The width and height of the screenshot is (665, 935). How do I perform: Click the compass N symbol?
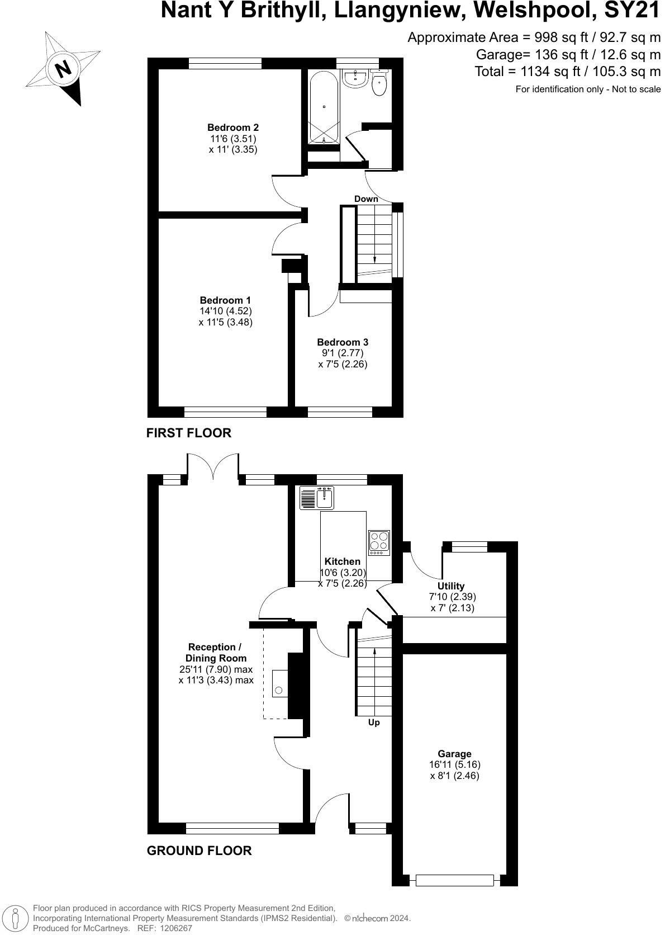point(63,69)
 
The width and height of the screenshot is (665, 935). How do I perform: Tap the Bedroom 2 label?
point(233,127)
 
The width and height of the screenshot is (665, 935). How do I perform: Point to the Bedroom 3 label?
point(343,342)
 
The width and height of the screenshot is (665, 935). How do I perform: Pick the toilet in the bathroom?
point(379,84)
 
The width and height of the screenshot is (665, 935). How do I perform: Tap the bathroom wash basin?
point(355,79)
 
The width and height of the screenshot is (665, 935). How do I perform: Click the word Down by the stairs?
point(366,199)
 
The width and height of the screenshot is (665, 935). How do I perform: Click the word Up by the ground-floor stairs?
point(374,722)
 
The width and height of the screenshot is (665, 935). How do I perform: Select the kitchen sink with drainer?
point(317,498)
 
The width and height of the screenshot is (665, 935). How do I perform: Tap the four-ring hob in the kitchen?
point(379,542)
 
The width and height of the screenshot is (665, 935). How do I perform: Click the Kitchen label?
point(343,561)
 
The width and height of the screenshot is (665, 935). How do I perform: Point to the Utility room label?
point(451,586)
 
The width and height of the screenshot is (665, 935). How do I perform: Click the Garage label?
point(454,754)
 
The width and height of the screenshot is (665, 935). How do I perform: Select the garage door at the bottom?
point(455,881)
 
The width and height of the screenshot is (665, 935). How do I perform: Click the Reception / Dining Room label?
point(216,653)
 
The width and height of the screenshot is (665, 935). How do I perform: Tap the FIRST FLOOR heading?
point(188,433)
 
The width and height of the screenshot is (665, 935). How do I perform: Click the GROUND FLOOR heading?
point(199,851)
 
